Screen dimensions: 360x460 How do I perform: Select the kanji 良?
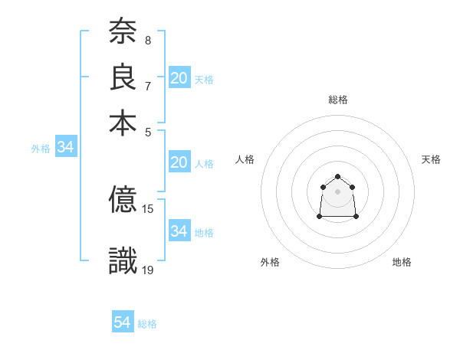123,77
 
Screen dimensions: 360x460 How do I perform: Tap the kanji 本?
123,123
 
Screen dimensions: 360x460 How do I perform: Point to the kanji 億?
123,200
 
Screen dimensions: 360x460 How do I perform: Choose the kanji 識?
123,261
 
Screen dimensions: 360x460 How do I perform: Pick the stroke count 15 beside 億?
149,208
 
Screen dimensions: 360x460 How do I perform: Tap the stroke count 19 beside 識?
149,270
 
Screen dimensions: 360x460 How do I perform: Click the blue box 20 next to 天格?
179,78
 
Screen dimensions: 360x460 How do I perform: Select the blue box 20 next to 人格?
179,162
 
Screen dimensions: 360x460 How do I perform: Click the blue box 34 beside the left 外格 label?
66,148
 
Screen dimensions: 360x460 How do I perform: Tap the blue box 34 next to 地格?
179,231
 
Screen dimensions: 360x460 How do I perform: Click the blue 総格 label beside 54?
148,324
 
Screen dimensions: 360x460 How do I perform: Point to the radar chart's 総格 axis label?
338,100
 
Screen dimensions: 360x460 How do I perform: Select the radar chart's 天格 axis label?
431,159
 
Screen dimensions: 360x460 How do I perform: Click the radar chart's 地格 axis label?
402,262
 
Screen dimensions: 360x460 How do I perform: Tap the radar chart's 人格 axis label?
245,159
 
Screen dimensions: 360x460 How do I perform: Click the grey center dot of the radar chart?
338,191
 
